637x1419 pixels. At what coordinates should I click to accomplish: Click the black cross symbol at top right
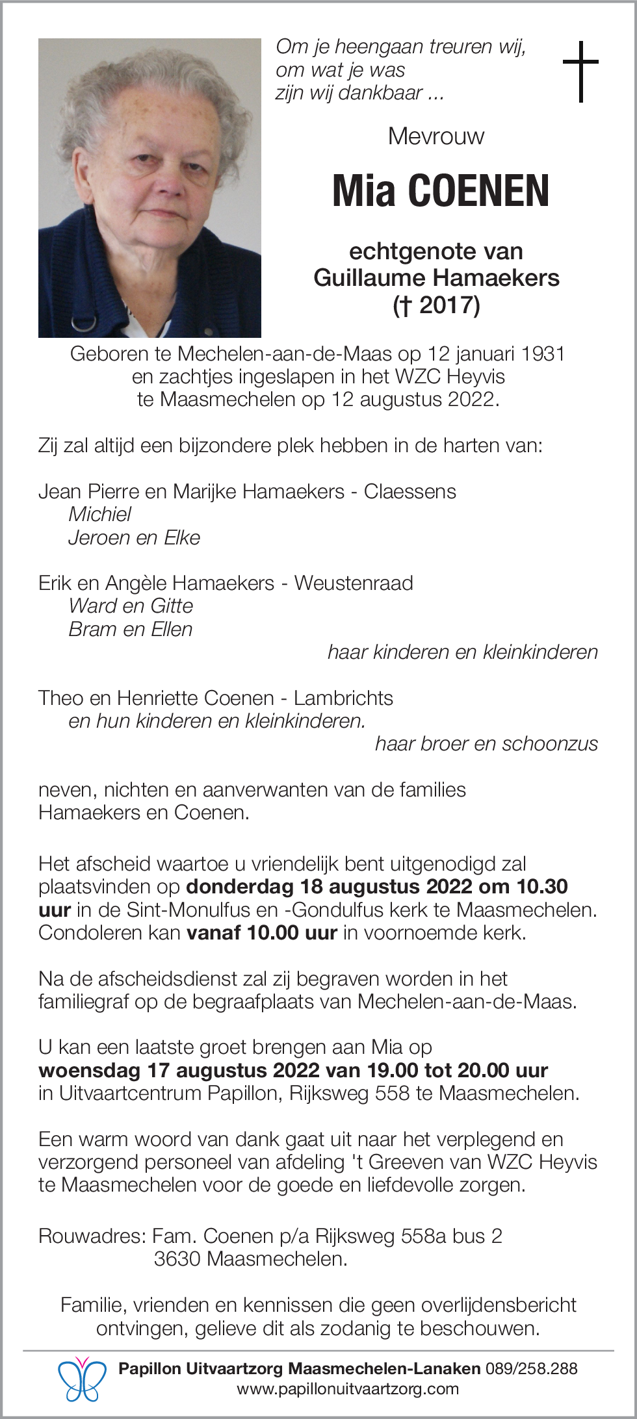click(580, 71)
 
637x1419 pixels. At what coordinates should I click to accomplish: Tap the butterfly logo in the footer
click(82, 1379)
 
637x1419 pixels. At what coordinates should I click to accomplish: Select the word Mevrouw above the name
click(436, 136)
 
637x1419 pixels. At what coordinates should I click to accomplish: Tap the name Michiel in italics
click(100, 515)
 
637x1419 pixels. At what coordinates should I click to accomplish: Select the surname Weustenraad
click(354, 583)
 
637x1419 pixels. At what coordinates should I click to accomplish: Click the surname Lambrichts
click(343, 698)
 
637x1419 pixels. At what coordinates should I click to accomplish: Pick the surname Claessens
click(409, 492)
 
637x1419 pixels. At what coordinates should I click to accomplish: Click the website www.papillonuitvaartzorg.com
click(348, 1389)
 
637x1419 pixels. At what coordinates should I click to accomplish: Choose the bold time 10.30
click(542, 887)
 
